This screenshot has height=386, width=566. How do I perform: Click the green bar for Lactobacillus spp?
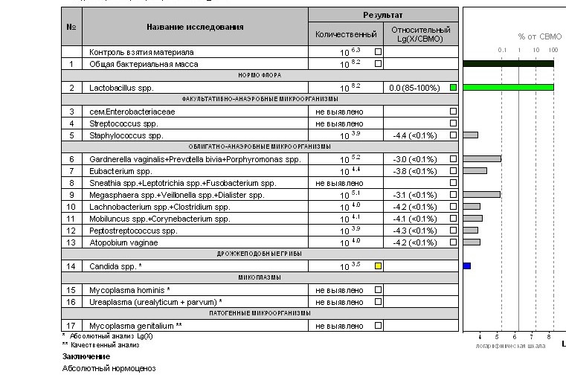(x=508, y=88)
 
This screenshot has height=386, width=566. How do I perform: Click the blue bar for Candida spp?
(x=467, y=266)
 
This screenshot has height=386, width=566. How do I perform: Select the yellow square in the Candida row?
(x=378, y=266)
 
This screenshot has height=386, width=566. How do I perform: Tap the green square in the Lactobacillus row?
(x=453, y=88)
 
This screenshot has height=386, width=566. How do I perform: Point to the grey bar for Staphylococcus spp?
(x=470, y=135)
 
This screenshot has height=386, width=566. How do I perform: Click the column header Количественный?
(x=346, y=34)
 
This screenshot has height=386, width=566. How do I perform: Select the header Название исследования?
(x=195, y=27)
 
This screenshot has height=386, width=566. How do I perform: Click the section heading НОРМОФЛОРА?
(x=259, y=76)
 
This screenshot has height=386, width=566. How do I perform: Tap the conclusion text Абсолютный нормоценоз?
(x=109, y=368)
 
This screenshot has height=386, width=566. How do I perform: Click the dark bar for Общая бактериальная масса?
(x=508, y=63)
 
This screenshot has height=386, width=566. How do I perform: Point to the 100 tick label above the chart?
(x=553, y=50)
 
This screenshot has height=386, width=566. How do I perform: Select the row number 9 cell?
(x=71, y=195)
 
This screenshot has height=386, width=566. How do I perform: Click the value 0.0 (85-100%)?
(x=414, y=88)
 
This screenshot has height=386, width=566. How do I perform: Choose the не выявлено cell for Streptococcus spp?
(x=338, y=123)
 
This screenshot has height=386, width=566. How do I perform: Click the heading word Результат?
(x=383, y=15)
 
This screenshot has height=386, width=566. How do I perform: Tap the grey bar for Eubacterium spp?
(x=475, y=171)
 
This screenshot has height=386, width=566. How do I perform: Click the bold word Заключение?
(x=80, y=356)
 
